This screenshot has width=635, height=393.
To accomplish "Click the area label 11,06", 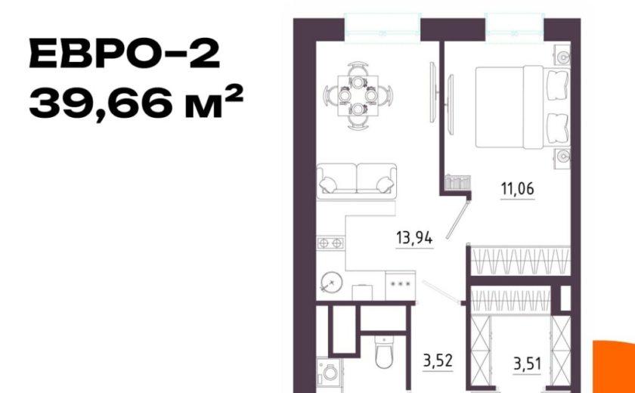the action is [518, 189].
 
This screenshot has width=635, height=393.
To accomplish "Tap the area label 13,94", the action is [414, 238].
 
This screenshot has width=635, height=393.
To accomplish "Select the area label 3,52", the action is [438, 361].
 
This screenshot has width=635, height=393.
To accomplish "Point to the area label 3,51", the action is [527, 364].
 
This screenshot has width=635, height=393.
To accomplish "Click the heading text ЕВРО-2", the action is [125, 53].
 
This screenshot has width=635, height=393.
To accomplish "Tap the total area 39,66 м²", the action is [136, 103].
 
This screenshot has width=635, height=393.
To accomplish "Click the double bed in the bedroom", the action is [523, 107].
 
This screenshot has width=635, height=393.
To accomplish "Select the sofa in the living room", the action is [356, 181].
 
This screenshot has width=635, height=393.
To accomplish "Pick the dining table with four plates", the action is [358, 95].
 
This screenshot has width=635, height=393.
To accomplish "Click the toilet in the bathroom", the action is [383, 352].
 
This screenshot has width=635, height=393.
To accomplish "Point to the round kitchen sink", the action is [332, 281].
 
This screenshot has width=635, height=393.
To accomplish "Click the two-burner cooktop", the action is [330, 243].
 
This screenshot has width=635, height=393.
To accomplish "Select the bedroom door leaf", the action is [458, 219].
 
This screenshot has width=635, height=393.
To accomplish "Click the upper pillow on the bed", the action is [558, 85].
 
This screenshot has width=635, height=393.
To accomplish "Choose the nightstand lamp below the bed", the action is [562, 155].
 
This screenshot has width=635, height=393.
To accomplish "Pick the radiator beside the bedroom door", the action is [457, 182].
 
